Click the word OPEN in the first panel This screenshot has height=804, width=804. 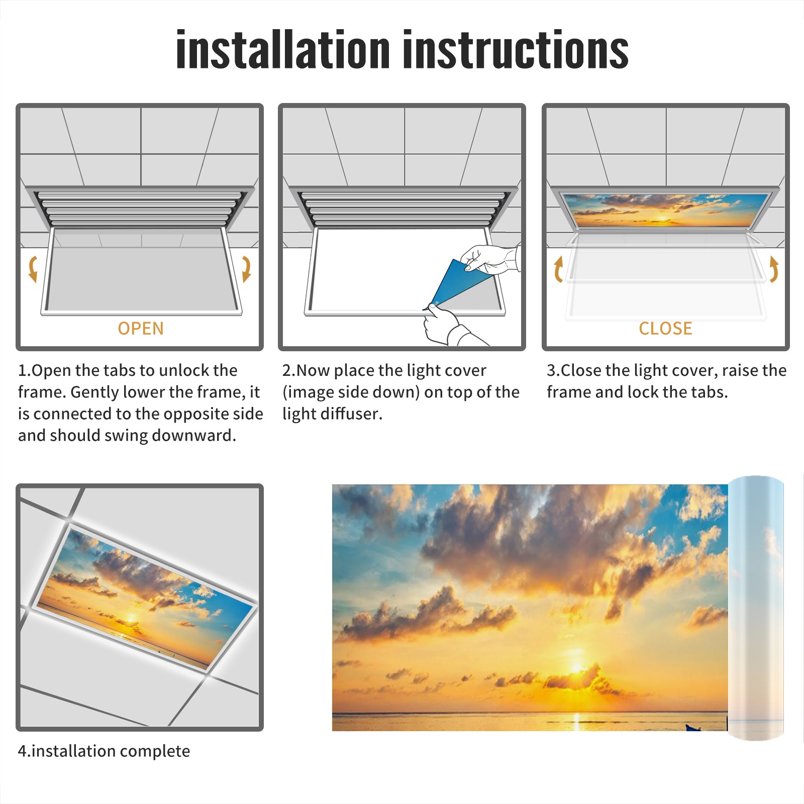coord(141,328)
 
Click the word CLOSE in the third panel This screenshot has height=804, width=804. coord(665,328)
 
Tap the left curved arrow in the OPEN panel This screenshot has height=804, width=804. coord(33,269)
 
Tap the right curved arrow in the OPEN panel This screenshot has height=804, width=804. coord(246,269)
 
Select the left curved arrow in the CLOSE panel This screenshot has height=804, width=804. coord(558,269)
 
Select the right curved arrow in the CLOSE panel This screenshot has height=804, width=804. coord(774,269)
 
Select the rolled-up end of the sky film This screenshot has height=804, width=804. coord(756,608)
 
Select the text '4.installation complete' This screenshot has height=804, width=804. coord(104,751)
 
